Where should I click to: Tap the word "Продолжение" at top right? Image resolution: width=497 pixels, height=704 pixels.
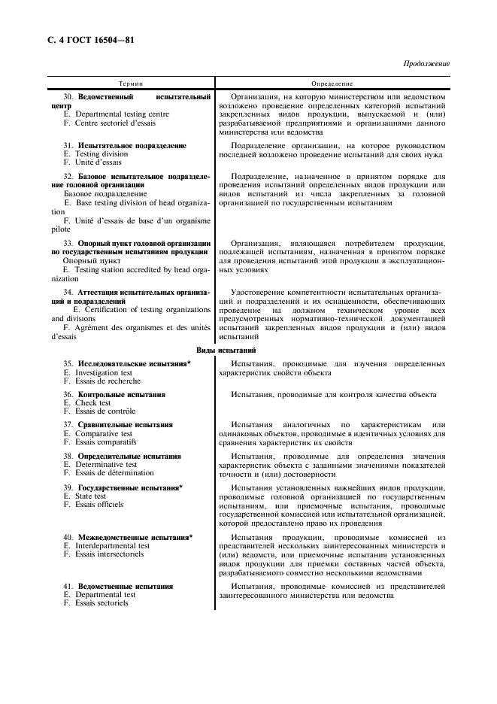click(x=426, y=64)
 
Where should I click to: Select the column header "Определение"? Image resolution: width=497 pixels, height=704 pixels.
click(x=332, y=83)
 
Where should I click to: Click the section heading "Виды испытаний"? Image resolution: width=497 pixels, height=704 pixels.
click(x=226, y=350)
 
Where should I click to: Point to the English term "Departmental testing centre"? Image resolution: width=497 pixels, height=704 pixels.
click(x=122, y=114)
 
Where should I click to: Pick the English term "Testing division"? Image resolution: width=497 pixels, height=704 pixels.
click(x=102, y=153)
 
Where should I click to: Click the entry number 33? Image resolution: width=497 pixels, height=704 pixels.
click(x=68, y=243)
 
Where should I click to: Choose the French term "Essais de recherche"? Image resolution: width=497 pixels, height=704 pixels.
click(x=108, y=381)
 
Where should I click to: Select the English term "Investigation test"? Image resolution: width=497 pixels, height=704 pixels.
click(x=104, y=372)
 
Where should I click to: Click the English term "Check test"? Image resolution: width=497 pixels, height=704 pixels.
click(x=92, y=403)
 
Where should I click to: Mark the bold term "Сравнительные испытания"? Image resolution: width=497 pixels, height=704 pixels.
click(x=125, y=425)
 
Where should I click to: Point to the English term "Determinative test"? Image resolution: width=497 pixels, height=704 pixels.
click(x=106, y=465)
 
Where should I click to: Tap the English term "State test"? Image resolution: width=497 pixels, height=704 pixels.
click(x=91, y=496)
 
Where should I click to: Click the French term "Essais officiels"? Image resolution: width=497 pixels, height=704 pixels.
click(x=99, y=505)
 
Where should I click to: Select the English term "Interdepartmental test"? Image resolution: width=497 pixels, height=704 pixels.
click(x=112, y=546)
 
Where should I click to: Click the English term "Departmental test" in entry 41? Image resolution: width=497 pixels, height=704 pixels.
click(x=105, y=594)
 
